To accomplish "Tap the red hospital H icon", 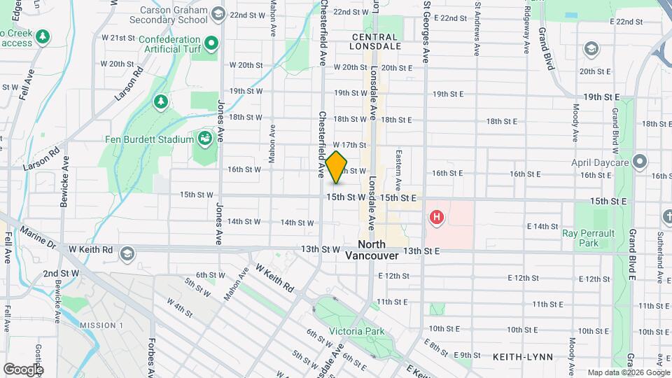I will (437, 218).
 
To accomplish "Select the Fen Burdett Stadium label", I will (150, 139).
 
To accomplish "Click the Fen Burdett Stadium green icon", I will (205, 137).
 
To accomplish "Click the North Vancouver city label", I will (372, 250).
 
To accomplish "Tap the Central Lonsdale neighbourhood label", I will (376, 41).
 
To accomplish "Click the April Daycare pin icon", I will (639, 162).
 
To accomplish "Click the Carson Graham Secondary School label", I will (174, 16).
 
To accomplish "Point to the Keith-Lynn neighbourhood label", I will (522, 357).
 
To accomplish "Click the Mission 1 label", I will (101, 325).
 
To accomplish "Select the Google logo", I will (23, 369).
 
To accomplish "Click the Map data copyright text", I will (628, 372).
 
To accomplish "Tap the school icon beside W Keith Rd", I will (127, 251).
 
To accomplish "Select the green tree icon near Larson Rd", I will (161, 101).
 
